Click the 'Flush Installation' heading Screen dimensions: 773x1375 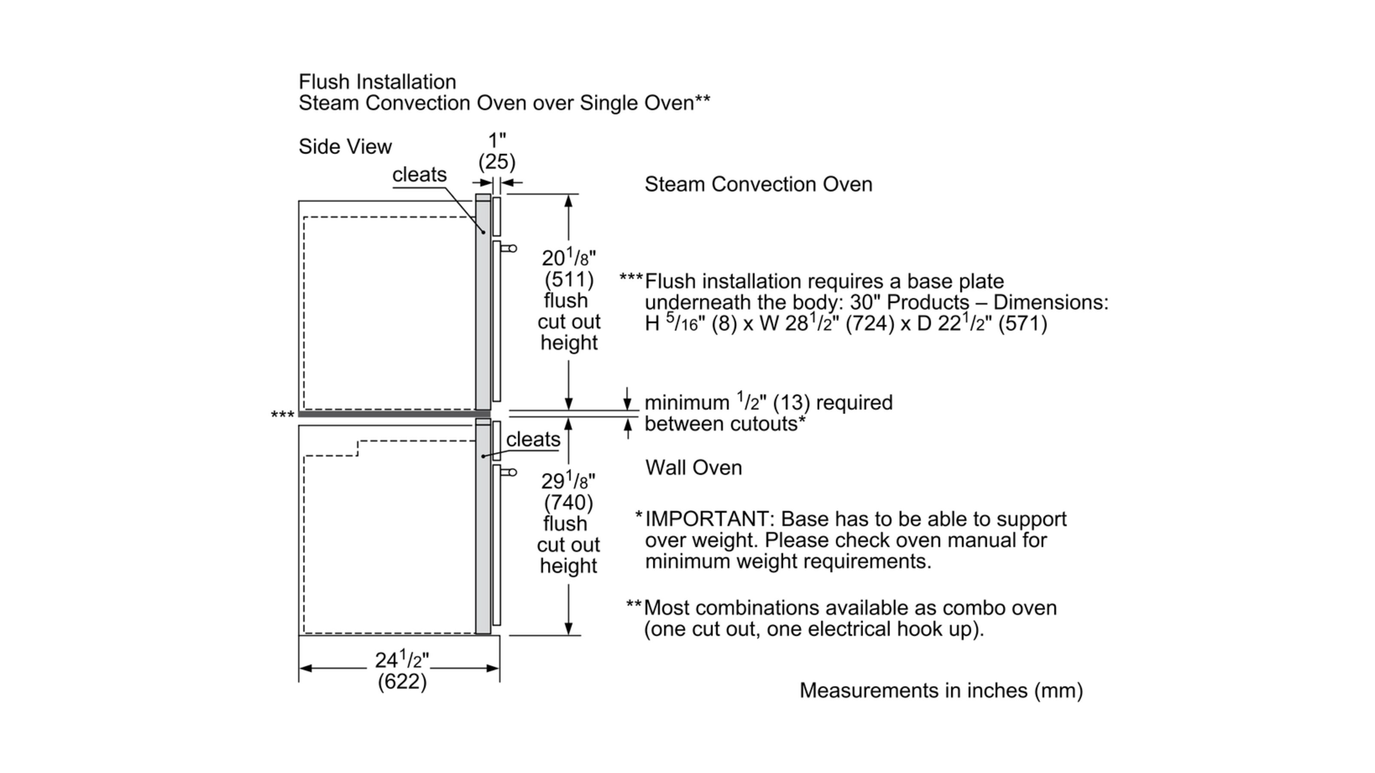[x=377, y=82]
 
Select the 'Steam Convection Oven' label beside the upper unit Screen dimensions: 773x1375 [x=758, y=185]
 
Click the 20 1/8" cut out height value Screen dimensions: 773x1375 [x=568, y=258]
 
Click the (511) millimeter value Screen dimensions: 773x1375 [x=569, y=280]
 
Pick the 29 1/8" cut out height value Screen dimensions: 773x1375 [x=568, y=481]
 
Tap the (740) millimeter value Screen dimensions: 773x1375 [x=568, y=502]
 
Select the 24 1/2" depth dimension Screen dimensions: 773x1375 [x=401, y=660]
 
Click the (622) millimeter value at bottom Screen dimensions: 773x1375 [x=402, y=682]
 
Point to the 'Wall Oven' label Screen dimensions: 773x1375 [x=694, y=468]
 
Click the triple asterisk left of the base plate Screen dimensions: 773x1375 [x=282, y=415]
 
